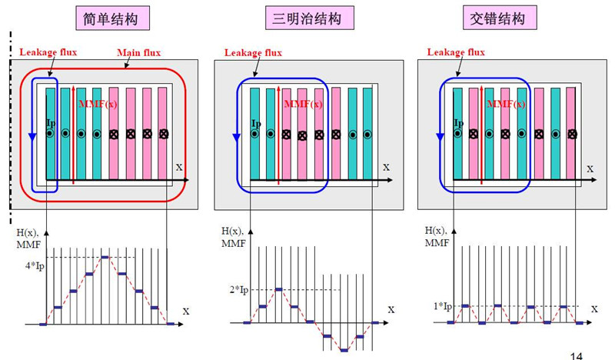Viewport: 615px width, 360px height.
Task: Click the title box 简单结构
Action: (112, 18)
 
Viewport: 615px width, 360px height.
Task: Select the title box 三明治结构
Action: (310, 18)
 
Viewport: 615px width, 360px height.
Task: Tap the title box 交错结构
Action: (500, 18)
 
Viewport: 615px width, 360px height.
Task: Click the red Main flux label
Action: (139, 52)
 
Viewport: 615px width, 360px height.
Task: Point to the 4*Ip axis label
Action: (35, 266)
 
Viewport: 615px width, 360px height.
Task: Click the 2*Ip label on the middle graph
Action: (239, 290)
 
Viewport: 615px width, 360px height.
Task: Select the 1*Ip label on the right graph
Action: (443, 306)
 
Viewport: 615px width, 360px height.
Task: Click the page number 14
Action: (576, 355)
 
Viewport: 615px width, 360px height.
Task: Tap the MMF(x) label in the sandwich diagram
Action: (303, 104)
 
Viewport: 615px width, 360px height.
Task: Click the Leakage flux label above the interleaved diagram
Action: (456, 52)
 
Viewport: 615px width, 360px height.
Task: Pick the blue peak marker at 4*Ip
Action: (105, 257)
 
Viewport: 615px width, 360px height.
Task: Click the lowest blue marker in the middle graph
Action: (344, 350)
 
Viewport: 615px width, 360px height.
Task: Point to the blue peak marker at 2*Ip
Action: (278, 289)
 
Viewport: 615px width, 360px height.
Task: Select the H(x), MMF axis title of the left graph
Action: (28, 238)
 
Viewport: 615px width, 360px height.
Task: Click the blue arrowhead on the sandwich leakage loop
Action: (237, 138)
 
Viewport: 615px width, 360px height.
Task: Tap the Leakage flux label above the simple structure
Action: (48, 52)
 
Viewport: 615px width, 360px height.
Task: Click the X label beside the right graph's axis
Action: (594, 309)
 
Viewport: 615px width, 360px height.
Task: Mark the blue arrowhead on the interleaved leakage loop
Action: (440, 138)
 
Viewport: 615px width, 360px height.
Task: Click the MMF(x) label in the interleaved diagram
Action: (506, 104)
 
